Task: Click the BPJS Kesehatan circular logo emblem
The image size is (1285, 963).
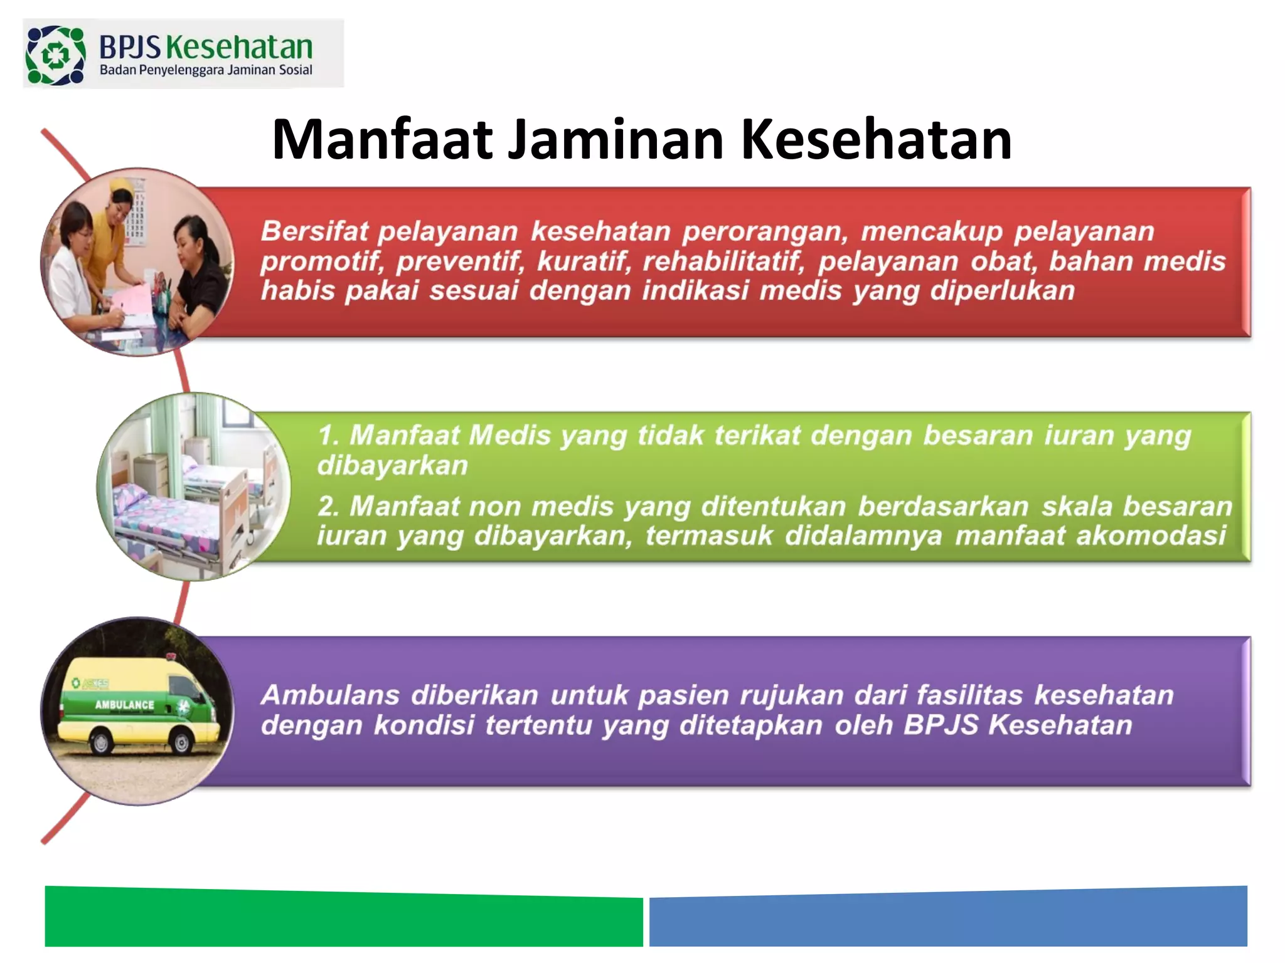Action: click(55, 55)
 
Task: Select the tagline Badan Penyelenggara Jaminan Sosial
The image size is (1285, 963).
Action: click(206, 70)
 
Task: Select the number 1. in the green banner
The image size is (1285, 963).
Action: click(329, 435)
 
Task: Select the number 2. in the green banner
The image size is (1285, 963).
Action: click(329, 506)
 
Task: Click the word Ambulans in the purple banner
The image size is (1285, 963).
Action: click(330, 695)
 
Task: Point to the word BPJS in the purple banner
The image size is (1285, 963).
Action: click(941, 725)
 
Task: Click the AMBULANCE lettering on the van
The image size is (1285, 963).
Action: click(124, 705)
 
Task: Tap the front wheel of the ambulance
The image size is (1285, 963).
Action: click(181, 743)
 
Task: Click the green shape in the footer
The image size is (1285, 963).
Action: click(344, 918)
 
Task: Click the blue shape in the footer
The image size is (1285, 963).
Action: click(947, 918)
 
